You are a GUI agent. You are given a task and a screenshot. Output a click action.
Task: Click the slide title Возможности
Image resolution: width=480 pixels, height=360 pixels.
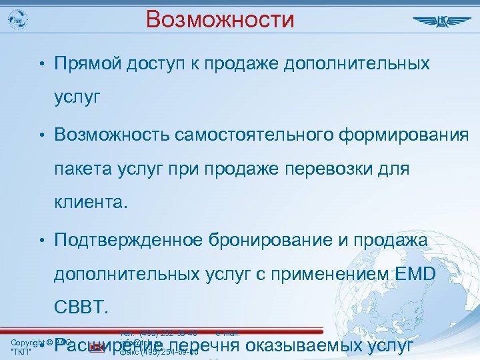coord(220,20)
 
